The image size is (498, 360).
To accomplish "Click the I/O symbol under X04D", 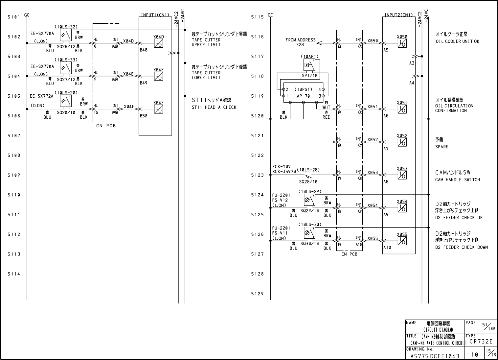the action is click(159, 43).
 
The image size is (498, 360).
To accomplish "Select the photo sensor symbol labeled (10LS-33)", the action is click(66, 68).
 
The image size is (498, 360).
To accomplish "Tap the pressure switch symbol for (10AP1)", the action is click(309, 65).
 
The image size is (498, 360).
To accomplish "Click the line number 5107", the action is click(14, 135).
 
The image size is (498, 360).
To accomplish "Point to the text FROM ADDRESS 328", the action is click(300, 42).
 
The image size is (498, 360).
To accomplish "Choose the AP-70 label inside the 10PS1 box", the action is click(303, 96).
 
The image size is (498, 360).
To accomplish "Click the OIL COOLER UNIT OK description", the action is click(457, 41).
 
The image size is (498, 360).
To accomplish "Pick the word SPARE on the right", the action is click(442, 147).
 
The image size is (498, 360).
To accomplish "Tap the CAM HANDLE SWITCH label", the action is click(458, 180).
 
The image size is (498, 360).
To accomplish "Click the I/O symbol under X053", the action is click(402, 175).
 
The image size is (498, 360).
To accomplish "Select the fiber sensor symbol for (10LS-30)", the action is click(309, 233).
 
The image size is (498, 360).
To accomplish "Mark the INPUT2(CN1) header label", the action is click(398, 15).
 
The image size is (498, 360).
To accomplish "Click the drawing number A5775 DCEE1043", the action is click(435, 356).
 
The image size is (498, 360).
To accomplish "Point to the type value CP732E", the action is click(481, 341).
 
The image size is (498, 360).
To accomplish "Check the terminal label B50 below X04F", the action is click(144, 116).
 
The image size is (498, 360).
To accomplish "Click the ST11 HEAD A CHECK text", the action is click(214, 107).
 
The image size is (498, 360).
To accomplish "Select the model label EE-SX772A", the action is click(42, 96).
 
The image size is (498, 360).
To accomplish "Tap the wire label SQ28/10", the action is click(308, 182).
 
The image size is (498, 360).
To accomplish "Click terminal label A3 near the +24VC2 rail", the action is click(412, 63).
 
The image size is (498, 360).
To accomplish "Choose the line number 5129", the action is click(257, 294).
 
